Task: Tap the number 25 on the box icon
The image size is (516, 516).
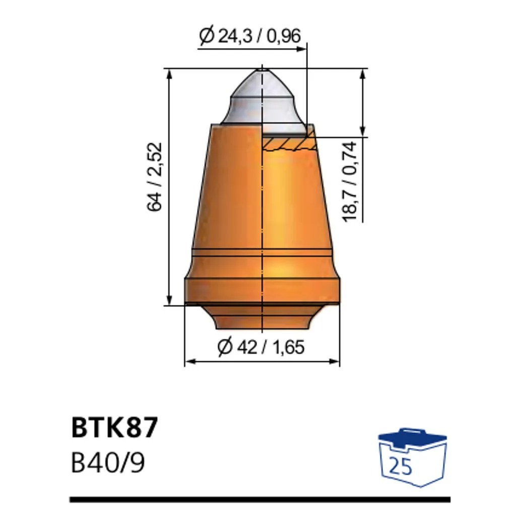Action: pos(401,467)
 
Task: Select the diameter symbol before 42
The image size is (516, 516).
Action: pos(224,347)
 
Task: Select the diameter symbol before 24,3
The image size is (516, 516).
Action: pos(206,36)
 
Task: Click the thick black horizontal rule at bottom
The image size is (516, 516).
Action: pos(260,499)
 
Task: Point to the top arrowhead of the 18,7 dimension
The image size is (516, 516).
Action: pos(362,74)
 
